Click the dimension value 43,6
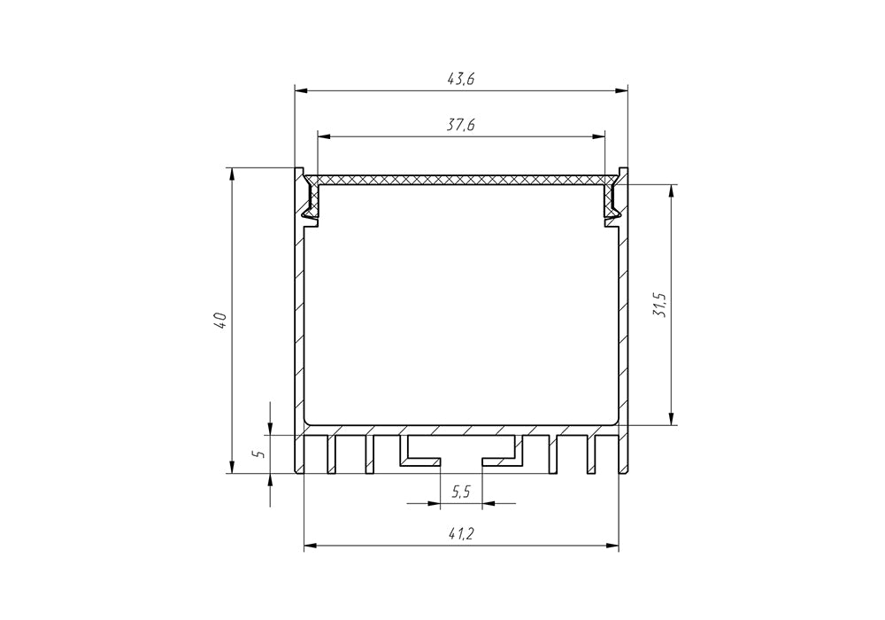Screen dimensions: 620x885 point(461,79)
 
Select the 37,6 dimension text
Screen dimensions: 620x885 point(461,126)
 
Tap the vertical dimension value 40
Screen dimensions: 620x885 point(220,321)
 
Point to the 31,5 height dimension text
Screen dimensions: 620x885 point(659,306)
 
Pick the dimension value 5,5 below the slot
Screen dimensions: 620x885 point(461,492)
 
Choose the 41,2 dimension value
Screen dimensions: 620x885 point(461,534)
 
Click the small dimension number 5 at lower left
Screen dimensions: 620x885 point(258,453)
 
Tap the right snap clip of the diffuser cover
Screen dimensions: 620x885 point(611,199)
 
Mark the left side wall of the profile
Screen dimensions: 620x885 point(299,328)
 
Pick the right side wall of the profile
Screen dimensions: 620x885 point(622,328)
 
